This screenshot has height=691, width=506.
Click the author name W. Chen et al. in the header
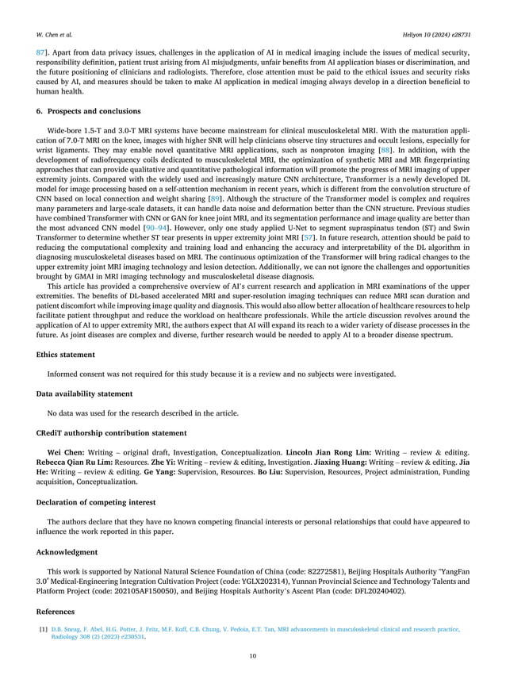point(53,36)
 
